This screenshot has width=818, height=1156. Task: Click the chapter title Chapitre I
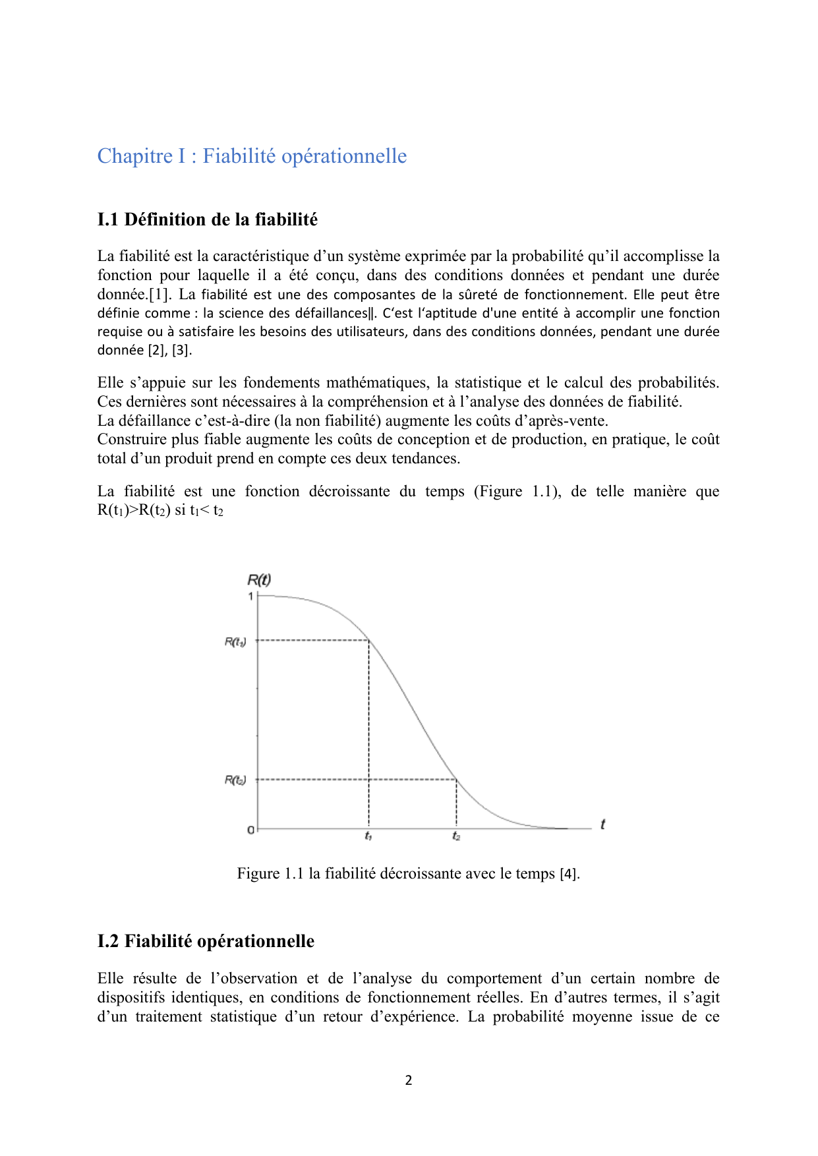point(252,156)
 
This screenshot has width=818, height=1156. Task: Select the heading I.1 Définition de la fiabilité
point(207,219)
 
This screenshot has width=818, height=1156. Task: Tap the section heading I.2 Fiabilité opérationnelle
point(206,941)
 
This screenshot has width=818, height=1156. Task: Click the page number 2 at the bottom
point(409,1080)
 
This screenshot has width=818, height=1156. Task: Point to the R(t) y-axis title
point(258,580)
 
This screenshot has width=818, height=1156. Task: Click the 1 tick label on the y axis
point(250,596)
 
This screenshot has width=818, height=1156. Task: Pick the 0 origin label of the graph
point(250,830)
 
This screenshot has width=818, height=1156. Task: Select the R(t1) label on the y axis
point(235,642)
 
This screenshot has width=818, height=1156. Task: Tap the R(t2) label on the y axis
point(235,780)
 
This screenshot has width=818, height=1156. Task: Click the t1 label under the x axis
point(368,836)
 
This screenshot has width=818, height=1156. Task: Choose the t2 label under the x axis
point(456,836)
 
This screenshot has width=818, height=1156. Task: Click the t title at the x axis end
point(602,824)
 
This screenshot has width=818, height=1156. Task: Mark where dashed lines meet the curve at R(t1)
point(368,640)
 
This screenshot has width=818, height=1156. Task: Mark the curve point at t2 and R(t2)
point(456,780)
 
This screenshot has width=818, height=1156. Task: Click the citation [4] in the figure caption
point(569,874)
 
